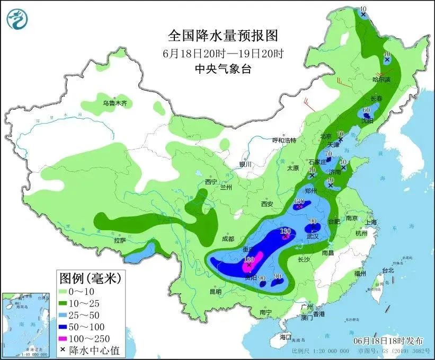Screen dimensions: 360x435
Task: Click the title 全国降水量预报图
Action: tap(223, 36)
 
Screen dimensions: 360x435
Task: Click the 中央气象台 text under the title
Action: tap(223, 68)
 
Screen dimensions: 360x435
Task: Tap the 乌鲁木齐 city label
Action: tap(115, 103)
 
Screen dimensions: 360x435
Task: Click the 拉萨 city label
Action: tap(119, 240)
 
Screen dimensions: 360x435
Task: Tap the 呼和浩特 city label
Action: tap(284, 141)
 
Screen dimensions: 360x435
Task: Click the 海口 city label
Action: tap(286, 337)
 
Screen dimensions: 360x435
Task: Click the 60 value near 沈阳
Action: tap(366, 110)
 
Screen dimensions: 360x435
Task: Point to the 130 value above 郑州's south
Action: tap(299, 201)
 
